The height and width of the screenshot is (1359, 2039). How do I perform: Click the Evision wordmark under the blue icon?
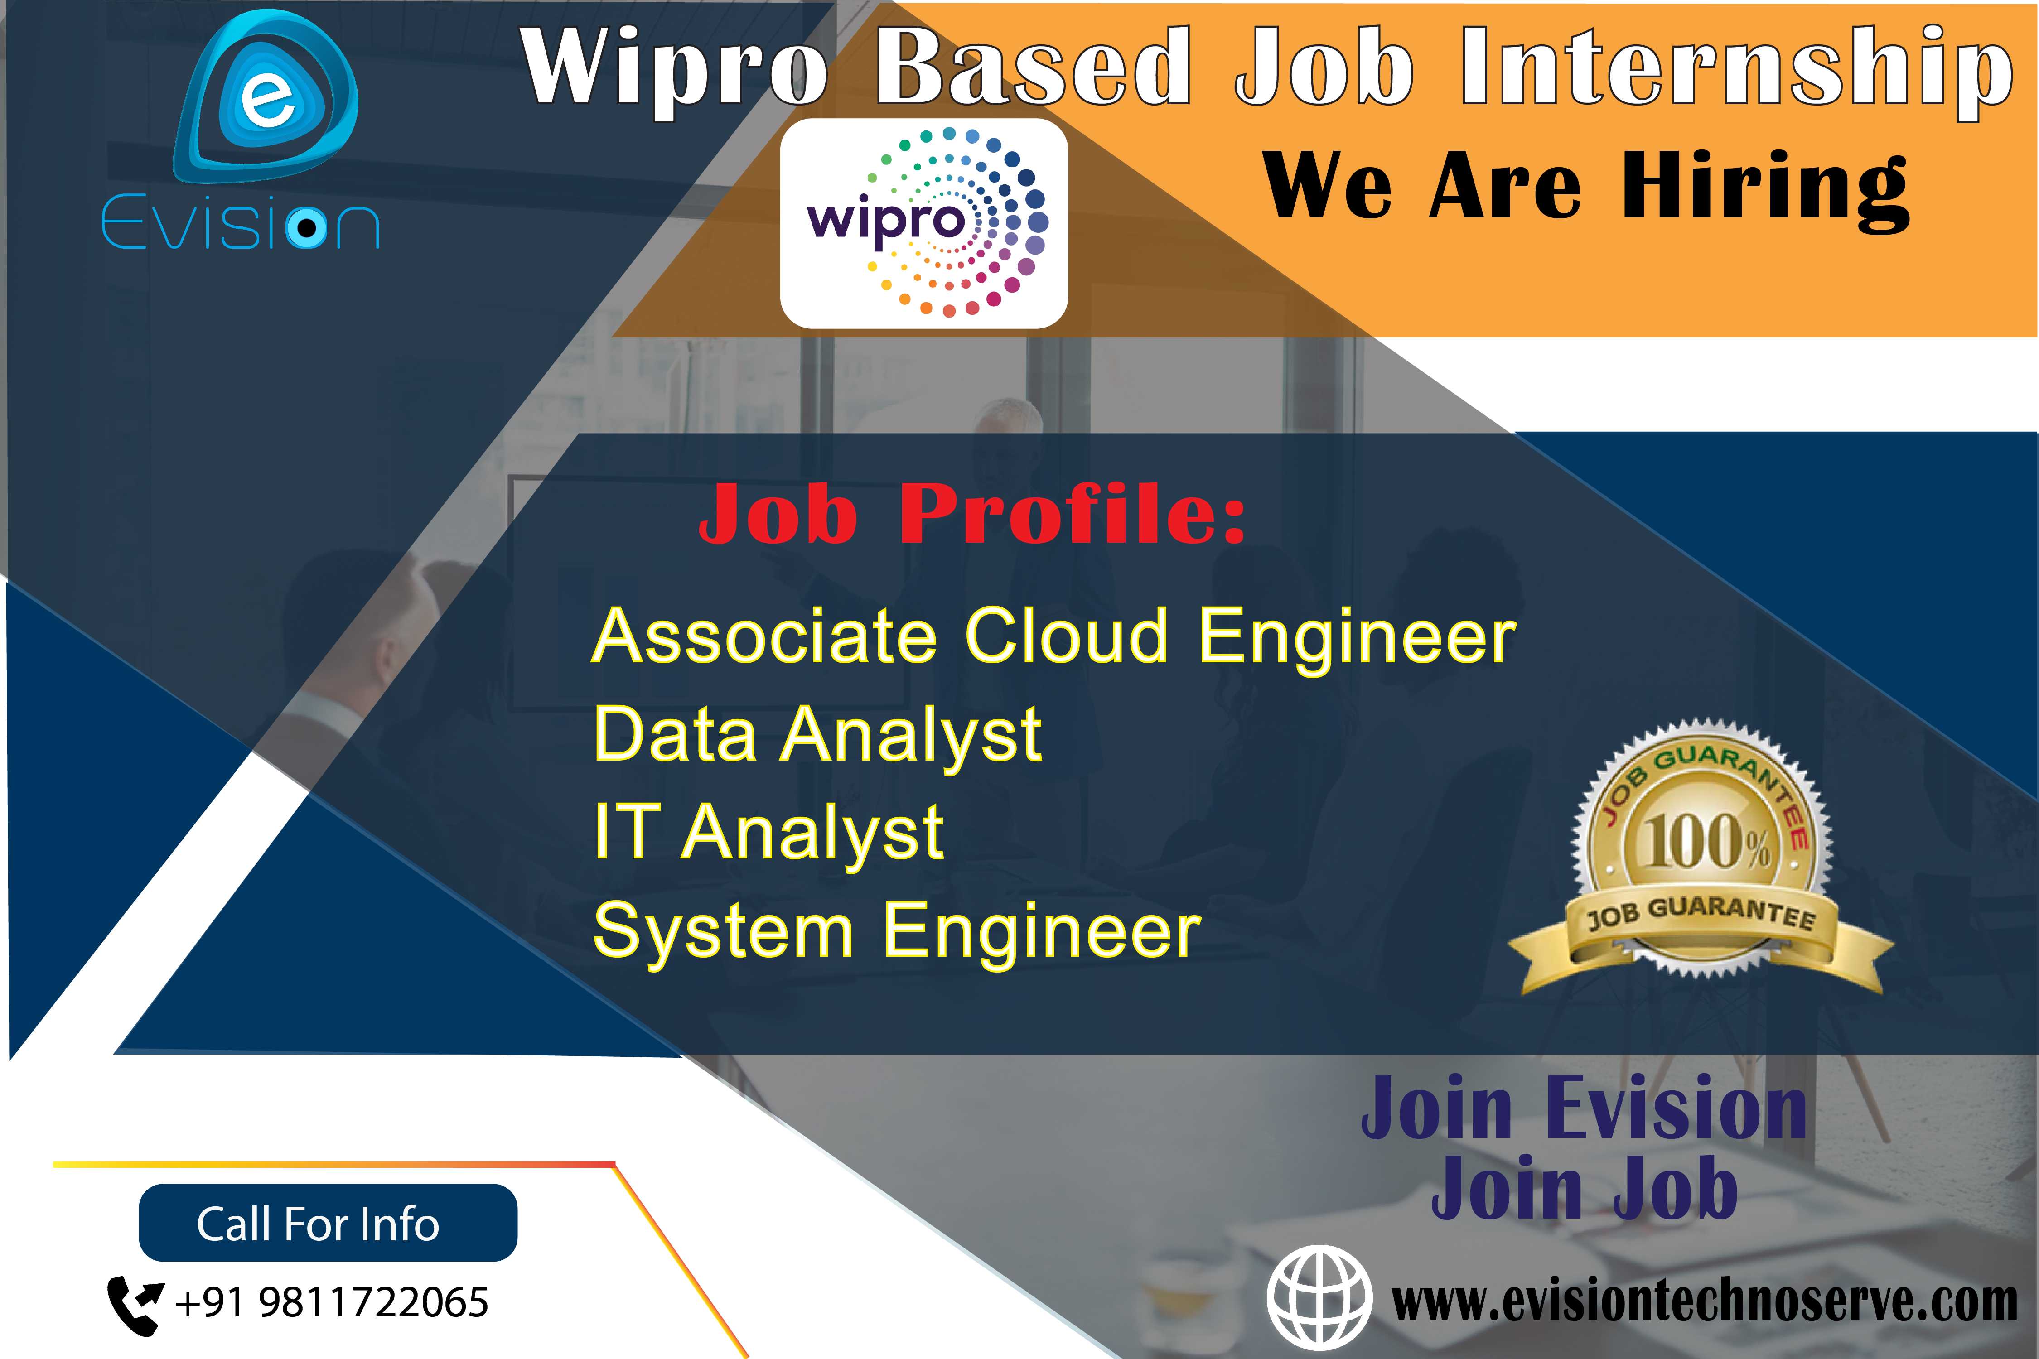pos(240,225)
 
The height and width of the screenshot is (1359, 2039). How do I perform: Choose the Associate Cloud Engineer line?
pos(1053,637)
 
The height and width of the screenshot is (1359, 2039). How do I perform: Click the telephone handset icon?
pos(135,1303)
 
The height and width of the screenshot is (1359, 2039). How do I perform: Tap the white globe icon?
pos(1319,1297)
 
